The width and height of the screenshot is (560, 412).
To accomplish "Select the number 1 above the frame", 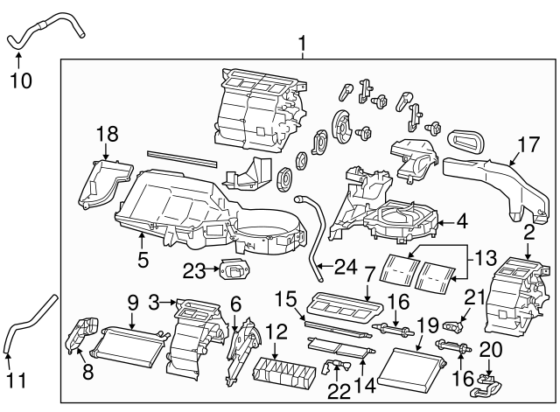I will pyautogui.click(x=302, y=41).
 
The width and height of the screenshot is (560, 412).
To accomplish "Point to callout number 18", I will pyautogui.click(x=107, y=134).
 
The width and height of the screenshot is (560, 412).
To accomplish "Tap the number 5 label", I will pyautogui.click(x=143, y=259).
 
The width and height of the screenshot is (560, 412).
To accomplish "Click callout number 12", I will pyautogui.click(x=276, y=332).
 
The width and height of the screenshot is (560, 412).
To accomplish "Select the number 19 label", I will pyautogui.click(x=427, y=327).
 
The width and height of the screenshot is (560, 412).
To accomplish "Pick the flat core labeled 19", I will pyautogui.click(x=411, y=360).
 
